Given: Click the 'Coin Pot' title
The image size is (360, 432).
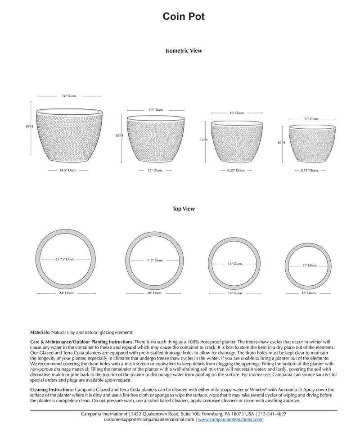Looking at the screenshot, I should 184,17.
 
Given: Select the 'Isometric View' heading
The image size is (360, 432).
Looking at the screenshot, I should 184,51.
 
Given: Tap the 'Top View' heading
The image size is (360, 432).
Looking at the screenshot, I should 184,209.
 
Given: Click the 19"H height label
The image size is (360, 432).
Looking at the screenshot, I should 29,127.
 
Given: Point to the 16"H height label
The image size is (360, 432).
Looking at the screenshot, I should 119,135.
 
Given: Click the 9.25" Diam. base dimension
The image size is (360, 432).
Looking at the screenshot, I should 235,171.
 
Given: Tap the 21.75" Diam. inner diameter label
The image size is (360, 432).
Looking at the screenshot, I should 65,259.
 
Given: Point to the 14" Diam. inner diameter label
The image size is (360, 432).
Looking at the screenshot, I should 235,264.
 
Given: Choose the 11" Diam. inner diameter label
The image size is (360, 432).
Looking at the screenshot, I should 309,265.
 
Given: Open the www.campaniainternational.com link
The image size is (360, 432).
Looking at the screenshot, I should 231,419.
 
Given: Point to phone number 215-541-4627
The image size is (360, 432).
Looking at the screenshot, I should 272,414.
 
